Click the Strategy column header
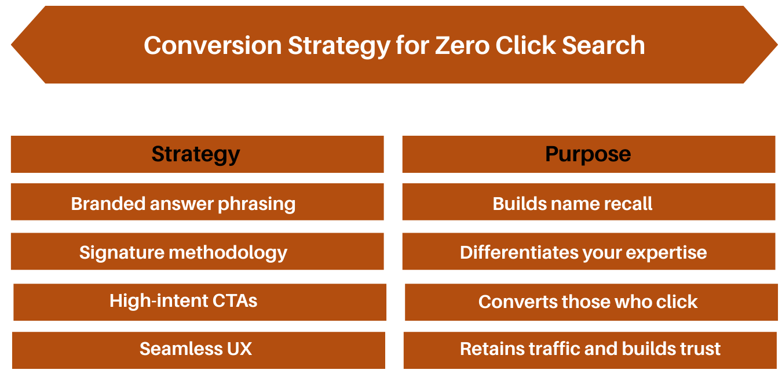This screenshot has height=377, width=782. point(196,154)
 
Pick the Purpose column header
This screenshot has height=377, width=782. point(588,154)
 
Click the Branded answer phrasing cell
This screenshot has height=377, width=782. point(183,204)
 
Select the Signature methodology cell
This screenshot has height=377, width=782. point(183,252)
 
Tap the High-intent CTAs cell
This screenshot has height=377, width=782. point(183,301)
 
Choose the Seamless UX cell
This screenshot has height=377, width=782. point(196,349)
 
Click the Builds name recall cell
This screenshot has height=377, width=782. point(572,204)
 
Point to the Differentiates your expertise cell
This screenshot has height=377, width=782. point(583,252)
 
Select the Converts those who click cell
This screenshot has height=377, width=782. point(588,302)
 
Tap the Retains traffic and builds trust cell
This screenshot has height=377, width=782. point(590,349)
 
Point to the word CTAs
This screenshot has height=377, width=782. point(234,301)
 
